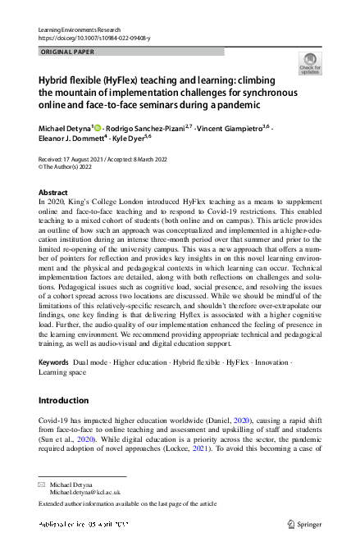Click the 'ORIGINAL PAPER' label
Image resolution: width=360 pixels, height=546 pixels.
(x=67, y=52)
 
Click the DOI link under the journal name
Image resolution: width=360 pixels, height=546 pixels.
(x=84, y=38)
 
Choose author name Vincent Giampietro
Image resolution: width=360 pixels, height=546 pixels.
(x=233, y=129)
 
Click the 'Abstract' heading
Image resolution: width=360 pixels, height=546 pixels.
(x=54, y=192)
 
